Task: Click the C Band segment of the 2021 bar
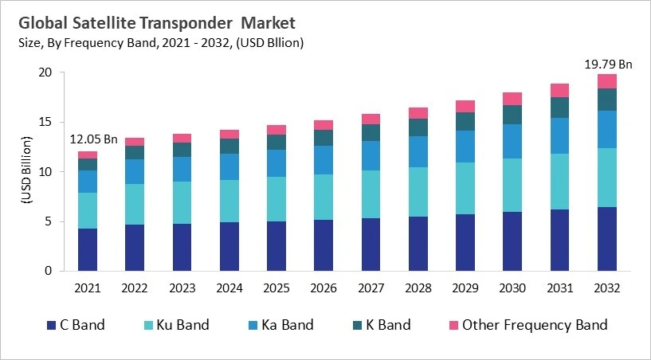(x=88, y=249)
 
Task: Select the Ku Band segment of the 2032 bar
(x=607, y=178)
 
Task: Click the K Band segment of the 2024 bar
(x=229, y=146)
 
